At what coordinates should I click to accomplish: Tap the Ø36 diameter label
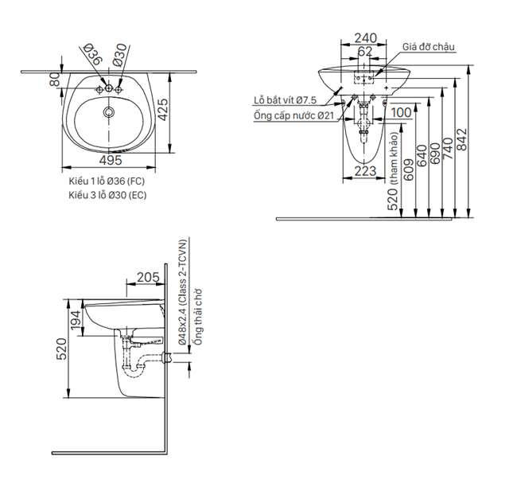pos(93,57)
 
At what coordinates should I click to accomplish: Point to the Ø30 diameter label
pos(119,55)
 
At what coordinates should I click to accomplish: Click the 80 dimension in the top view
pos(55,80)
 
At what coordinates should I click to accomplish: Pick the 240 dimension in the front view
pos(365,37)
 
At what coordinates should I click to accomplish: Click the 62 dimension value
pos(365,52)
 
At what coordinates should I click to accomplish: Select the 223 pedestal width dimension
pos(365,170)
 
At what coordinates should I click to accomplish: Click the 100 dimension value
pos(402,113)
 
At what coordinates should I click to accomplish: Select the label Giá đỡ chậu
pos(428,49)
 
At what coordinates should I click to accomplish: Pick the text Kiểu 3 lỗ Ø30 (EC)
pos(107,195)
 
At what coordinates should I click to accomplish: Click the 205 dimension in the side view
pos(147,277)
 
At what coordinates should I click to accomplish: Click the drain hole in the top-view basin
pos(108,112)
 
